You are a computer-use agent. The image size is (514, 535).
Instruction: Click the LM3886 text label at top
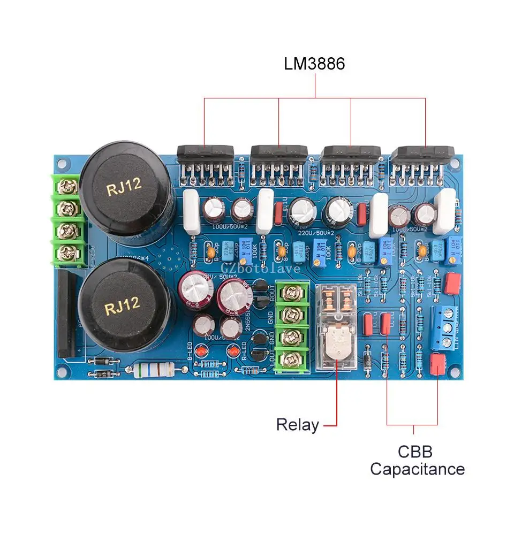point(314,64)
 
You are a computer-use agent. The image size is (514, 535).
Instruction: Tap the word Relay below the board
point(298,425)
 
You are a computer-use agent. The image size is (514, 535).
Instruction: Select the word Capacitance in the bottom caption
point(417,469)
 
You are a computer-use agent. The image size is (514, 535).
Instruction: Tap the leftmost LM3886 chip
point(205,155)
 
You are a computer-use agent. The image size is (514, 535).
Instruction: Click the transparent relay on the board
point(337,326)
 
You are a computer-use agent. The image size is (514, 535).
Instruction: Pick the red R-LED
point(234,351)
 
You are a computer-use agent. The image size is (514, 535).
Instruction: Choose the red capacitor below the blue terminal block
point(438,364)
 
